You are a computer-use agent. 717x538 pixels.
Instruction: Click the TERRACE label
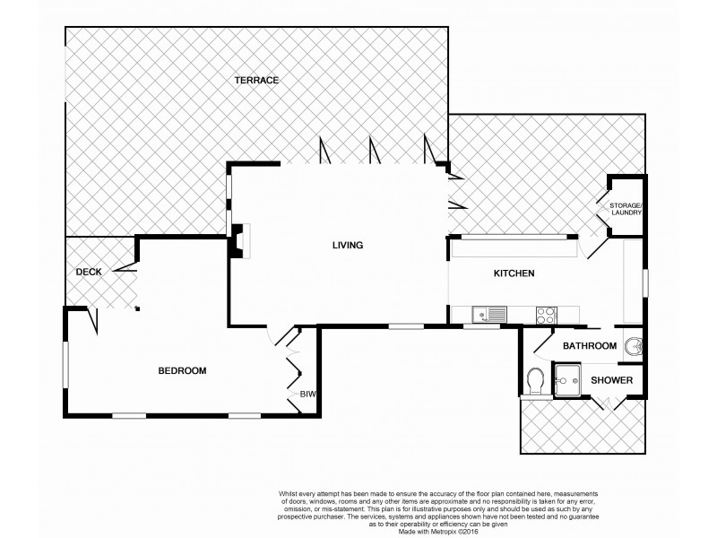pos(257,81)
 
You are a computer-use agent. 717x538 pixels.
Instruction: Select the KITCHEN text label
pos(514,273)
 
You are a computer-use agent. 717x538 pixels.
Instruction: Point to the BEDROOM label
pos(183,370)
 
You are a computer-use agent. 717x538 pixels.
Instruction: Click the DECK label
pos(88,272)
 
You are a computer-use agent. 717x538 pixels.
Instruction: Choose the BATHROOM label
pos(589,346)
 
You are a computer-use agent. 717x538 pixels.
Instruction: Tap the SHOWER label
pos(611,381)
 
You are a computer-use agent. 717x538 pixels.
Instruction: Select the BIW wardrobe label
pos(307,393)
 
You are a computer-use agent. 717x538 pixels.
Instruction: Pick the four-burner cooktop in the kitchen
pos(545,315)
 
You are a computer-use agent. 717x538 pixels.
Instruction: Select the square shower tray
pos(567,380)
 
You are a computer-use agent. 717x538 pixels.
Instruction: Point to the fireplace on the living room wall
pos(239,240)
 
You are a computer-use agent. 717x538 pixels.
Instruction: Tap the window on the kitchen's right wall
pos(644,280)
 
